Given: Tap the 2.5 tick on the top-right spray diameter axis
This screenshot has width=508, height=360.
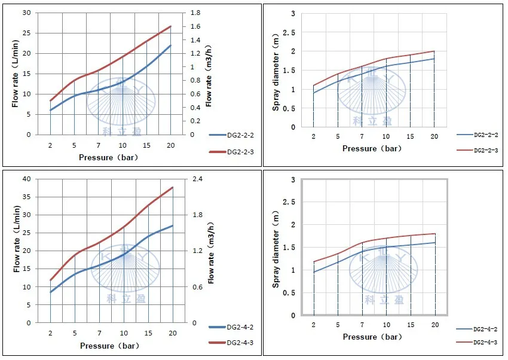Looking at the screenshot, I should [x=291, y=32].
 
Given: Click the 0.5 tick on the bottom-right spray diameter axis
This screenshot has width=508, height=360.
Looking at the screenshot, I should [x=291, y=293].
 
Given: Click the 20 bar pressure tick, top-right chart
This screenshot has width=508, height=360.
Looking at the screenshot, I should [x=434, y=136].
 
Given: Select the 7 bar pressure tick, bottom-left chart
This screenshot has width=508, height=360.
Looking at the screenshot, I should [x=99, y=333].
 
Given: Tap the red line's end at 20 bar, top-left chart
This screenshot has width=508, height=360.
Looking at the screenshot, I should [x=171, y=26].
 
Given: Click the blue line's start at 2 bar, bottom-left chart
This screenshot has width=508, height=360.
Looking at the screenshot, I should [x=51, y=292].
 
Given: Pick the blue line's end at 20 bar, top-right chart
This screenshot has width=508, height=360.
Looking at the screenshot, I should [x=434, y=59].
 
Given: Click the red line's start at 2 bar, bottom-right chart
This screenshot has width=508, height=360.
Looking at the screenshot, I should [x=314, y=261].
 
